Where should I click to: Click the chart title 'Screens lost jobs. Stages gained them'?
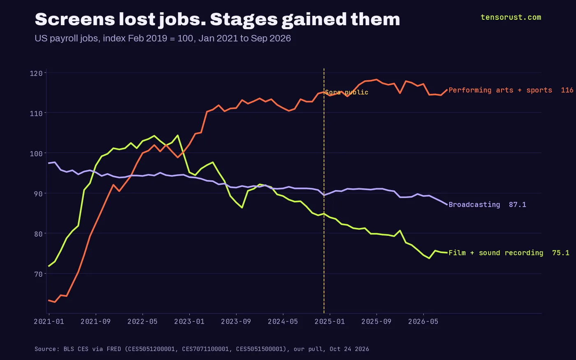(x=217, y=20)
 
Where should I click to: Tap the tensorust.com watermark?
(x=511, y=17)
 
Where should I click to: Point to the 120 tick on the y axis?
(x=36, y=73)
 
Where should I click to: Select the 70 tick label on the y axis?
(x=38, y=274)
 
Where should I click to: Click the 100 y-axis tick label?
(x=36, y=153)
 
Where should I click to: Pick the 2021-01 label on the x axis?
(x=49, y=321)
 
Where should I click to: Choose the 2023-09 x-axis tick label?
(x=236, y=321)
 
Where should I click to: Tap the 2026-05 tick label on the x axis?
(x=423, y=321)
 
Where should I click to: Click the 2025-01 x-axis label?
(x=330, y=321)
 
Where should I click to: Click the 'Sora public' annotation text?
(x=346, y=92)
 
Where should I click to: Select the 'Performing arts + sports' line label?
(x=500, y=90)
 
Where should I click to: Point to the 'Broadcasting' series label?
(x=474, y=204)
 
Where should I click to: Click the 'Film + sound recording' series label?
(x=496, y=253)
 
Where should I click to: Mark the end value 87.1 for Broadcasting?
(x=518, y=204)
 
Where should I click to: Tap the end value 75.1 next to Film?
(x=560, y=253)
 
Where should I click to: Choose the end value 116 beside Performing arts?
(x=567, y=90)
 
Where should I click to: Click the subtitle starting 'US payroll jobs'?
(x=163, y=38)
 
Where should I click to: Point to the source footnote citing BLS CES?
(x=202, y=349)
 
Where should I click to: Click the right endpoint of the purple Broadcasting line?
(x=447, y=204)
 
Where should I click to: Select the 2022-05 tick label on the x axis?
(x=142, y=321)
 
